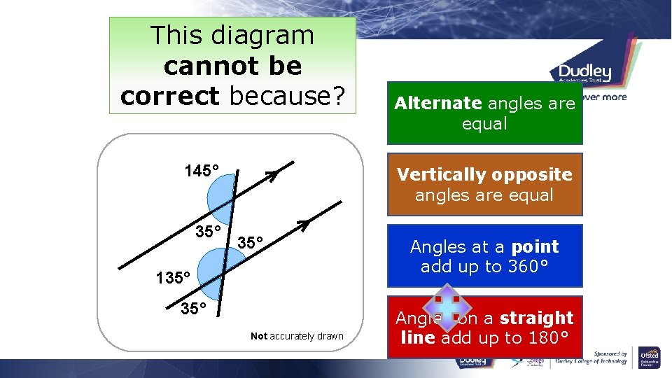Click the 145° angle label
[202, 171]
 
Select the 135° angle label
[174, 278]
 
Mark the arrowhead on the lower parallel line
[304, 225]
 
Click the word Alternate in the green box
[437, 104]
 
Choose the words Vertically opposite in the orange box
[484, 174]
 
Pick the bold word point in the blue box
[535, 246]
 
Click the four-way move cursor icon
[446, 309]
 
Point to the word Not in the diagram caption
[259, 336]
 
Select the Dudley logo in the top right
[584, 72]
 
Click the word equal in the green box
[484, 124]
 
